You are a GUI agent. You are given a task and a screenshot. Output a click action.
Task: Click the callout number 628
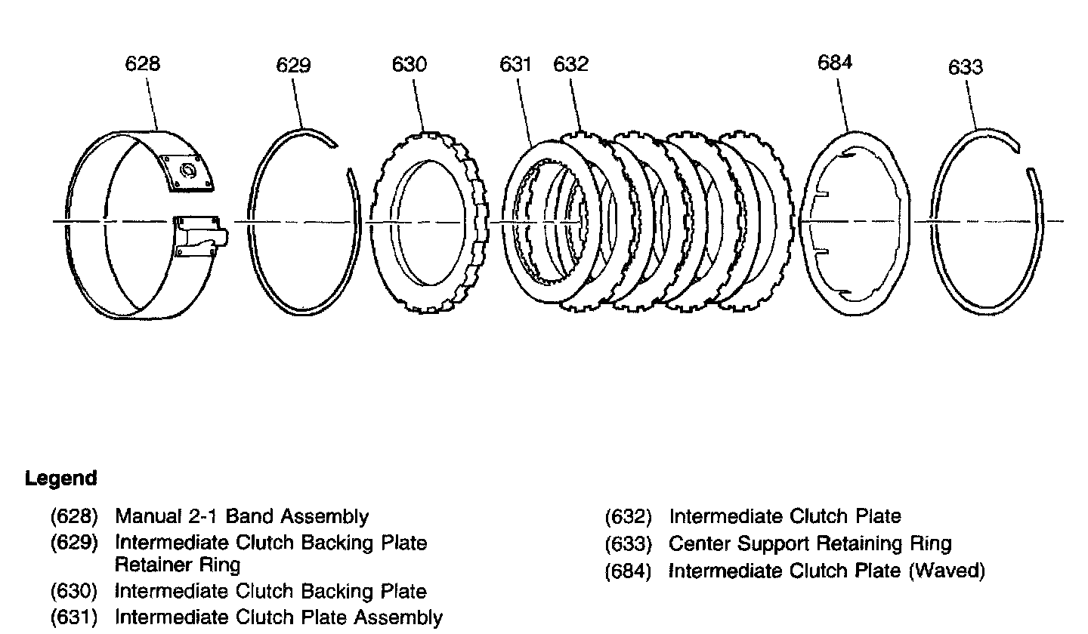(142, 63)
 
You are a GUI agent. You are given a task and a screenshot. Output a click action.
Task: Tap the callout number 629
(293, 66)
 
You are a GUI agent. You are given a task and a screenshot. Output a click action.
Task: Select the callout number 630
(409, 64)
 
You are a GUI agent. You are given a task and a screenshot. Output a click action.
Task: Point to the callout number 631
(515, 64)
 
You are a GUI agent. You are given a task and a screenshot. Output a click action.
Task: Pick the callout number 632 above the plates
(570, 64)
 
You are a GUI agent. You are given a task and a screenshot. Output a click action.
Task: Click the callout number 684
(835, 63)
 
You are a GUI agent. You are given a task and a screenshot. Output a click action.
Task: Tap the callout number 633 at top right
(966, 67)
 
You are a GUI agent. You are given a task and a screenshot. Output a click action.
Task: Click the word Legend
(61, 479)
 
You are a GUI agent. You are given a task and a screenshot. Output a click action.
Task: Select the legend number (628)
(75, 517)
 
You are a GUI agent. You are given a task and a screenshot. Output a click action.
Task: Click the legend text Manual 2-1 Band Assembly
(242, 517)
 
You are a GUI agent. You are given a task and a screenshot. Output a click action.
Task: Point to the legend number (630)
(75, 592)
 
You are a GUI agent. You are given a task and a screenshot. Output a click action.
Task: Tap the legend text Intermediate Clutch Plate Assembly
(278, 617)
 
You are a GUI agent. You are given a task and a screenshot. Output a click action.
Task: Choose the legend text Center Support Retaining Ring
(810, 543)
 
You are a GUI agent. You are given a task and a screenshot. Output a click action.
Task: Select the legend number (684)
(629, 571)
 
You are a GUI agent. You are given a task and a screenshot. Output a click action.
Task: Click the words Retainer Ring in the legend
(177, 565)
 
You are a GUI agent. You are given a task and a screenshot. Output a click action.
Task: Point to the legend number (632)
(629, 517)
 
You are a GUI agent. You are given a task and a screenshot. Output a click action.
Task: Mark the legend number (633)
(629, 544)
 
